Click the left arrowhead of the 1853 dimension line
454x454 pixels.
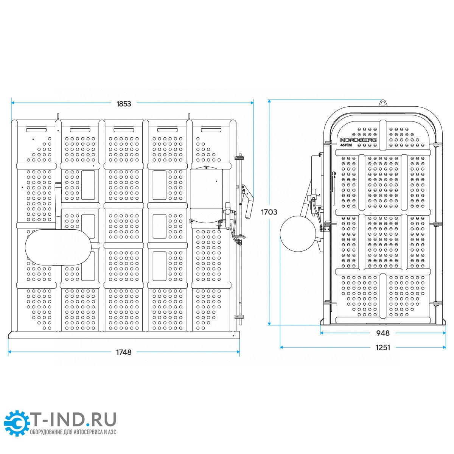[13, 103]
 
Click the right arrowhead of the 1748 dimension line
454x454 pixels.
[238, 352]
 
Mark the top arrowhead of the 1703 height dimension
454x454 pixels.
[270, 101]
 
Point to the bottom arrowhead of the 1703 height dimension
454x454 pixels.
[270, 323]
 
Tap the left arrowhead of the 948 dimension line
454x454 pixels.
[322, 333]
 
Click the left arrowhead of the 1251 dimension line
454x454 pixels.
[282, 347]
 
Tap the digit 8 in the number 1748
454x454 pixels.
[129, 352]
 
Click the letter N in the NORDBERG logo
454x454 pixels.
[342, 140]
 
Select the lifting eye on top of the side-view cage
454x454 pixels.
[383, 103]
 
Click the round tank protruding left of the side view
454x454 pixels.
[298, 234]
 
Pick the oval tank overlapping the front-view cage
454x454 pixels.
[58, 247]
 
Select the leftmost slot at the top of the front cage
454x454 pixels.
[37, 130]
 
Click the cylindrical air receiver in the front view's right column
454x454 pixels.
[206, 194]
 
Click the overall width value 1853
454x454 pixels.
[124, 104]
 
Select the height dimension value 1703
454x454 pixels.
[269, 212]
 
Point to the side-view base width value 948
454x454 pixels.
[383, 333]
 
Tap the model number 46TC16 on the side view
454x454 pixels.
[346, 145]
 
